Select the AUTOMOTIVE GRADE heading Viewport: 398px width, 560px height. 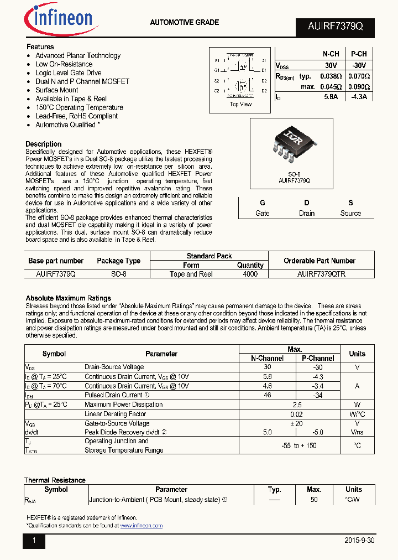(x=185, y=23)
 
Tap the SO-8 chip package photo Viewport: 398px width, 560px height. (x=294, y=147)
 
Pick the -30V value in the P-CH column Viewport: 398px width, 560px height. (x=358, y=65)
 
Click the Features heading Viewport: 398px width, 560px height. (x=40, y=47)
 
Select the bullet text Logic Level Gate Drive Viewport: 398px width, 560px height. (x=69, y=72)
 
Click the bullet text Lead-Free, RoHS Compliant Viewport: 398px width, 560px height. (x=77, y=116)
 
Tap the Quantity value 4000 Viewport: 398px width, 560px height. (x=250, y=274)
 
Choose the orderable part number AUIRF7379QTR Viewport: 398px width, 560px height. (x=321, y=274)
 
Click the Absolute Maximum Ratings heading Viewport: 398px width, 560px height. (x=69, y=298)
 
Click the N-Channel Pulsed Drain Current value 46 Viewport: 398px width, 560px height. (x=268, y=395)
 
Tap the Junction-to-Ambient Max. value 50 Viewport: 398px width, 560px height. (x=314, y=499)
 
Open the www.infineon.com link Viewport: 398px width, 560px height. (x=142, y=526)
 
